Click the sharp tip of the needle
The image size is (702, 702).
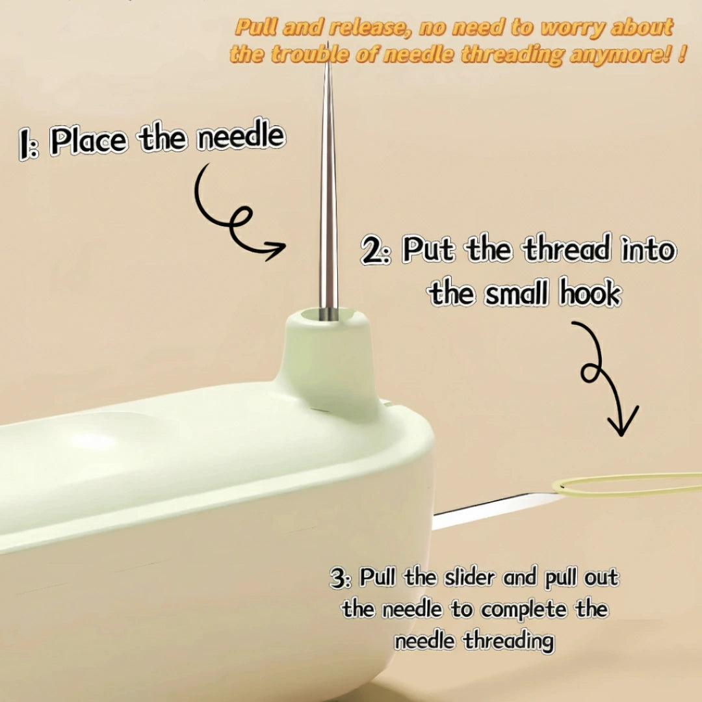pos(328,43)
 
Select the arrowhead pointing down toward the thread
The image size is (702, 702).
pos(622,420)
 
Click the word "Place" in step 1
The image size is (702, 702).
pos(88,140)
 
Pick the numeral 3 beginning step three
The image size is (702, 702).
pos(337,578)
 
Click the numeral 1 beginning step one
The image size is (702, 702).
pos(24,143)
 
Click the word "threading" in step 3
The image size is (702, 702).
pos(508,641)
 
